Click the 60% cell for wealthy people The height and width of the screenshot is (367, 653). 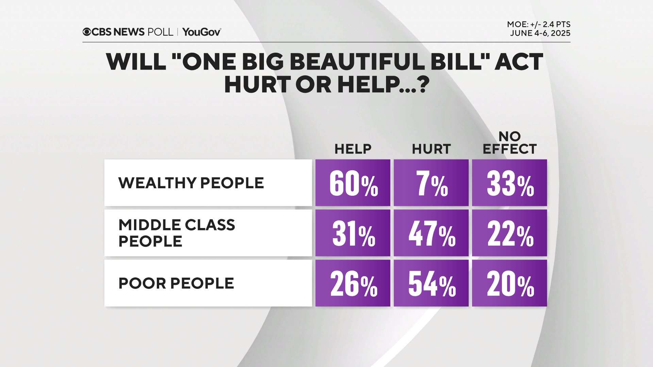(353, 183)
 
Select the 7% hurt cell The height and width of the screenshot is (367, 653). (431, 183)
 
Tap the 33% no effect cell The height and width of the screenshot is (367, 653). (509, 183)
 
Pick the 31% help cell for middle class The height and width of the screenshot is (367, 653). (353, 233)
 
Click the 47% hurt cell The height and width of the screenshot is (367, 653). (431, 233)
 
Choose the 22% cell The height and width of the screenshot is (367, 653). (509, 233)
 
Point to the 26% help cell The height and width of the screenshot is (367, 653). (353, 283)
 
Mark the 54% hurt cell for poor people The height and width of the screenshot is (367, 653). (431, 283)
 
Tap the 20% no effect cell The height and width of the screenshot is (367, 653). (509, 283)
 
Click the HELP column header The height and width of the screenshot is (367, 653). (353, 149)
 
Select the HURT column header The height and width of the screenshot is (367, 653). (431, 149)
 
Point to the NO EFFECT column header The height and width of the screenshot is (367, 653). (509, 143)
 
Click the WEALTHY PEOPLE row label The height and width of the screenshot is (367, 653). (191, 183)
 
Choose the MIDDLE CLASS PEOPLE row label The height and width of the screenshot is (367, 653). (177, 233)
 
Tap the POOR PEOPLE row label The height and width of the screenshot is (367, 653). (176, 283)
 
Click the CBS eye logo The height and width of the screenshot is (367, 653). (87, 32)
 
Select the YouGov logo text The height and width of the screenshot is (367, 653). (202, 32)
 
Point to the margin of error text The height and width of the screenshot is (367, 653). (538, 24)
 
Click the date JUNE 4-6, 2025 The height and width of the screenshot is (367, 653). (540, 33)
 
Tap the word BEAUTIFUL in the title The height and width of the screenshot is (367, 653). (357, 62)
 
